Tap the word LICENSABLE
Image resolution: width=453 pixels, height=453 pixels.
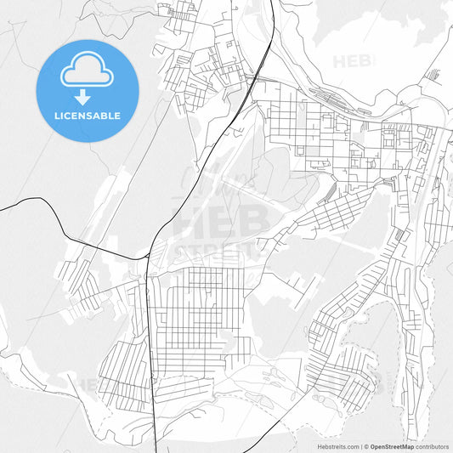click(88, 116)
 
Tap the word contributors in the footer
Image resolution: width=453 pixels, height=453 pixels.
click(432, 446)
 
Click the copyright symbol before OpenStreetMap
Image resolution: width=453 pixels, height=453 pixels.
click(366, 446)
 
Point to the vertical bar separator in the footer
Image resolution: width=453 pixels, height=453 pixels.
click(360, 446)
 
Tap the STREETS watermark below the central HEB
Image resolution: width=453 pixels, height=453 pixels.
click(217, 251)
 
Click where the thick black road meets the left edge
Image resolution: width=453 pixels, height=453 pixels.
click(2, 208)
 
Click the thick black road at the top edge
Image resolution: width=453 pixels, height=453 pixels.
click(273, 3)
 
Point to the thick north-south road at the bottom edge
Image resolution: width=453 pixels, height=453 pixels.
click(160, 450)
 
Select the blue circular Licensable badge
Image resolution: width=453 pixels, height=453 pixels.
click(88, 90)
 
